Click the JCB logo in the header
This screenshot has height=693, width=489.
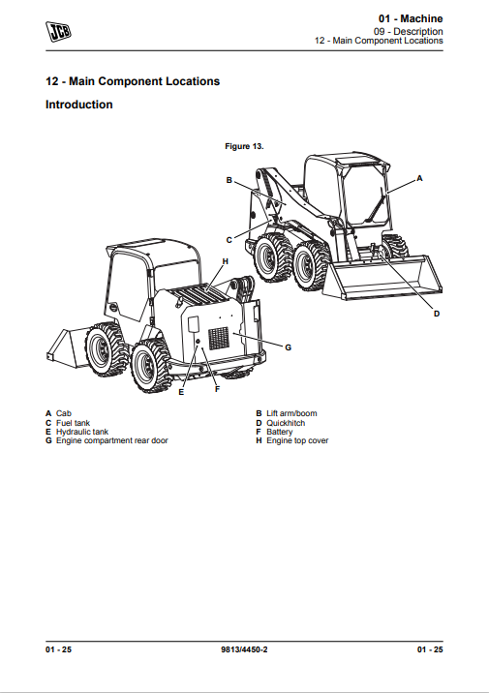(58, 31)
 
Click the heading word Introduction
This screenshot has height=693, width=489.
(79, 105)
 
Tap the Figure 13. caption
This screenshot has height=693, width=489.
(244, 146)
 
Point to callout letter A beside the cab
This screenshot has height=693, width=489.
(419, 178)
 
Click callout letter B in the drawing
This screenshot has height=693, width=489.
(229, 180)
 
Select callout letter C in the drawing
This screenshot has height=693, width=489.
(229, 240)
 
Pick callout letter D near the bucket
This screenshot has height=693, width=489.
(437, 314)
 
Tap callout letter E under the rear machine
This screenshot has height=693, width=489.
(181, 392)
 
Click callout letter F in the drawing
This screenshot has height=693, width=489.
(217, 389)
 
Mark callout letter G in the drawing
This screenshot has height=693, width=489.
(288, 347)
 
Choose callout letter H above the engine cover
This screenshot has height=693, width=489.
(225, 261)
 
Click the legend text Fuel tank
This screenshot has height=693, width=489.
(73, 423)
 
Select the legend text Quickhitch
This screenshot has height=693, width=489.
(286, 423)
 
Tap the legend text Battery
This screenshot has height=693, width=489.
(280, 432)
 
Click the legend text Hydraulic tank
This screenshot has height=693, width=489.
(82, 432)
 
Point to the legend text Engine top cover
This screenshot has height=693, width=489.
(297, 440)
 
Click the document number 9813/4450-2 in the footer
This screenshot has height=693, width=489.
(244, 649)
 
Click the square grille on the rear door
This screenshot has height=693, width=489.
(219, 338)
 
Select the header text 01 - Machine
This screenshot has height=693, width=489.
(411, 18)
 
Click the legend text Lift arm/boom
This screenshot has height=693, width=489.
(291, 413)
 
